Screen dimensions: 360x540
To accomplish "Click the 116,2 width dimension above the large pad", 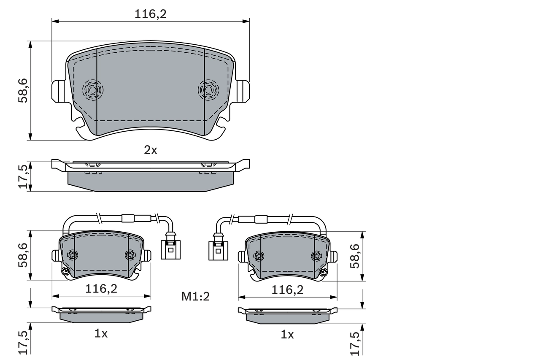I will tap(151, 14).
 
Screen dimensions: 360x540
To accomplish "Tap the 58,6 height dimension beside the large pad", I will tap(23, 90).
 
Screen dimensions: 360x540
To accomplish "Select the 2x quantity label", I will tap(151, 150).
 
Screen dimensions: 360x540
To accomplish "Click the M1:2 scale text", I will tap(195, 297).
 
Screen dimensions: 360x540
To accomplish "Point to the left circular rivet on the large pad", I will tap(92, 89).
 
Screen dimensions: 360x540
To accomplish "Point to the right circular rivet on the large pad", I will tap(208, 89).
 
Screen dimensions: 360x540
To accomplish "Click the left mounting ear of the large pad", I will tap(58, 91).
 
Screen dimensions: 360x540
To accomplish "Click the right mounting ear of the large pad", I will tap(243, 91).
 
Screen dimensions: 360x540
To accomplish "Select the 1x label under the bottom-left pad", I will tap(101, 334).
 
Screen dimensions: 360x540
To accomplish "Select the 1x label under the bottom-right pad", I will tap(287, 335).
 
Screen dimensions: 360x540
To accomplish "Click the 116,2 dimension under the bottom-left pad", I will tap(101, 289).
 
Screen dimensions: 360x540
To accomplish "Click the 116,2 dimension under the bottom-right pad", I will tap(288, 290).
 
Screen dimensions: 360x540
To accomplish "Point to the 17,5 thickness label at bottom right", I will tap(355, 343).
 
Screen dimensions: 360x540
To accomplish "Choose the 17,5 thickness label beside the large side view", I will tap(23, 176).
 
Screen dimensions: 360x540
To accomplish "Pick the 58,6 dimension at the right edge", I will tap(355, 256).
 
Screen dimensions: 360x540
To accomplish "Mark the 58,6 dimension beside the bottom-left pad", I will tap(23, 255).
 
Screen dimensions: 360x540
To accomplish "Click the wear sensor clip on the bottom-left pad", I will tap(65, 271).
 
